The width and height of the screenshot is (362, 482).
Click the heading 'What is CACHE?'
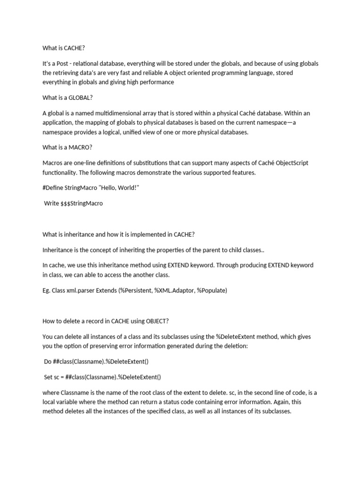[64, 47]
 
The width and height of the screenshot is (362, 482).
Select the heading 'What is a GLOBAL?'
[67, 97]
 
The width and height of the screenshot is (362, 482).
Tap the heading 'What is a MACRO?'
[67, 147]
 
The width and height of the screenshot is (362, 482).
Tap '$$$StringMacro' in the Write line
[82, 203]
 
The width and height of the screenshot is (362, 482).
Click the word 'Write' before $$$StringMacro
[51, 203]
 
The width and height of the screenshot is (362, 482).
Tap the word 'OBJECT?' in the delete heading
[156, 321]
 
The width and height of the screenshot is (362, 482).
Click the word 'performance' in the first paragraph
[156, 82]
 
